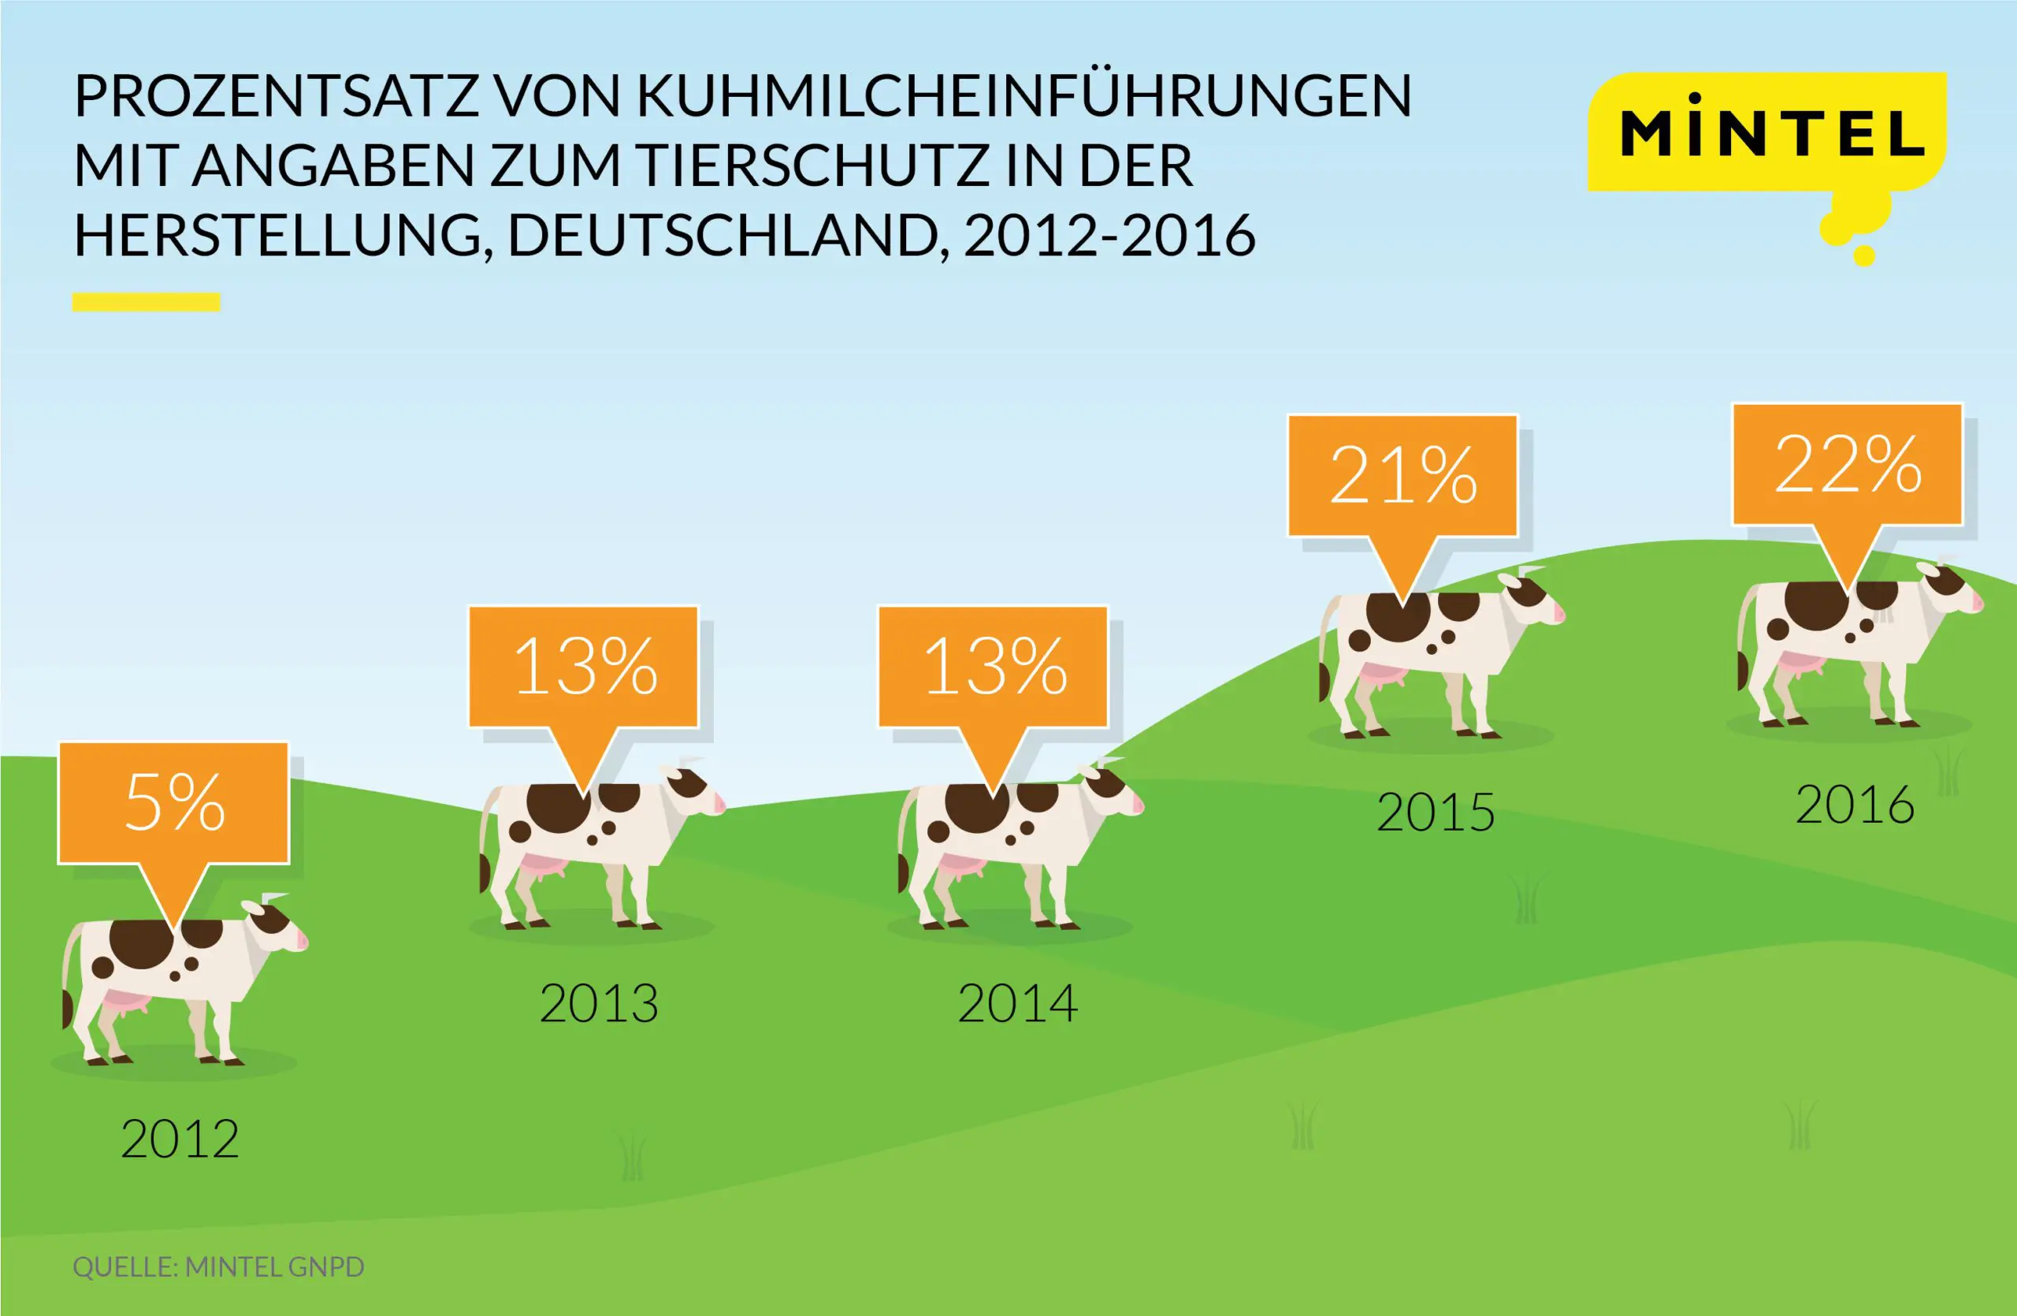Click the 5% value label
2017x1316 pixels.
(x=174, y=802)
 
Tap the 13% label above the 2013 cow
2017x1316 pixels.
(x=585, y=666)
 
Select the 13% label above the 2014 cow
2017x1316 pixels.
(x=994, y=666)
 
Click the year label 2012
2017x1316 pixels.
(x=180, y=1139)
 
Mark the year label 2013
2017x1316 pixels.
(x=598, y=1003)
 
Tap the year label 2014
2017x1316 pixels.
(x=1017, y=1003)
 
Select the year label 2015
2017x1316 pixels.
(x=1436, y=812)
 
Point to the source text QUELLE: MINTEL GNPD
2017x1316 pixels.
(x=219, y=1267)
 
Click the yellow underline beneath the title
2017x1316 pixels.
(x=146, y=302)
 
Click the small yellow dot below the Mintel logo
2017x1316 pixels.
(x=1863, y=255)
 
